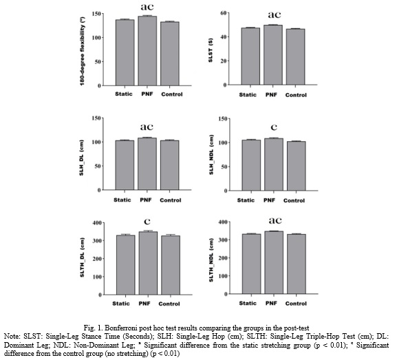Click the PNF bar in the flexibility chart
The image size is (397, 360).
pos(147,51)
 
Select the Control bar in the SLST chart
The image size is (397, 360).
pos(295,56)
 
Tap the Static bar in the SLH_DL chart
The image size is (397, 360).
pos(125,165)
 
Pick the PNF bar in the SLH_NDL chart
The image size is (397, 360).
pos(274,165)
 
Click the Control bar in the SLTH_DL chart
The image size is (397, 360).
pos(171,265)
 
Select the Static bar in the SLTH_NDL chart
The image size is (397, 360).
pos(251,264)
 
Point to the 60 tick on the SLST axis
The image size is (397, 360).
pos(224,13)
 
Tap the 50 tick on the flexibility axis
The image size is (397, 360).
pos(98,61)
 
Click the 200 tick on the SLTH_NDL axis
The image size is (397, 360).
pos(223,258)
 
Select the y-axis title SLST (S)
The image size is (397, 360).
pos(211,50)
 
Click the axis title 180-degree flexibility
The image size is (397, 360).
pos(83,52)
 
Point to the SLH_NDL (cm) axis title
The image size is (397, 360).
pos(211,155)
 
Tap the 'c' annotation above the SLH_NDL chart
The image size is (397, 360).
pos(274,127)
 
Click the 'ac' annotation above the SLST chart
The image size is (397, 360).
pos(275,14)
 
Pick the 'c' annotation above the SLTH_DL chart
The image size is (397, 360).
pos(147,222)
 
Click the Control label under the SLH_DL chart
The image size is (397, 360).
pos(171,200)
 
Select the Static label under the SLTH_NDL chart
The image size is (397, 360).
pos(248,304)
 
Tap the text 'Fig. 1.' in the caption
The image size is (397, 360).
pos(93,328)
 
